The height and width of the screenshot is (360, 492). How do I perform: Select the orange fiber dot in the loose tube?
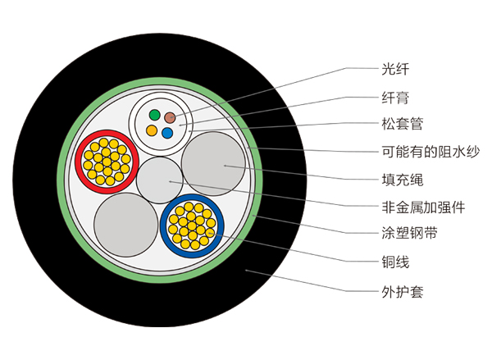151,130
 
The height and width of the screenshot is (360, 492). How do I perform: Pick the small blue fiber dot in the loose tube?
167,131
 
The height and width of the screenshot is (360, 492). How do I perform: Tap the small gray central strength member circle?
160,180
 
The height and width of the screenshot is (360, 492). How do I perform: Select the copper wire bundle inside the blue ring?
193,225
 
